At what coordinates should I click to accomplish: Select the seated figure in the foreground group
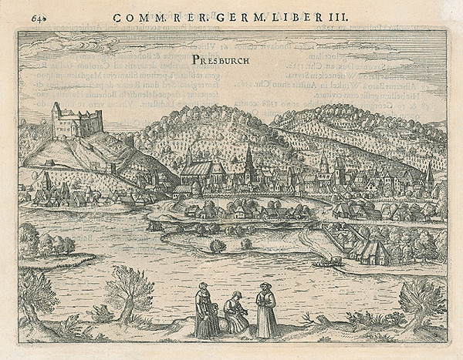235,313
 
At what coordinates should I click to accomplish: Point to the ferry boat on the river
328,263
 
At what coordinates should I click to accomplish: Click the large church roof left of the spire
203,170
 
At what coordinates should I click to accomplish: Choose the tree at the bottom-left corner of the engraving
35,297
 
